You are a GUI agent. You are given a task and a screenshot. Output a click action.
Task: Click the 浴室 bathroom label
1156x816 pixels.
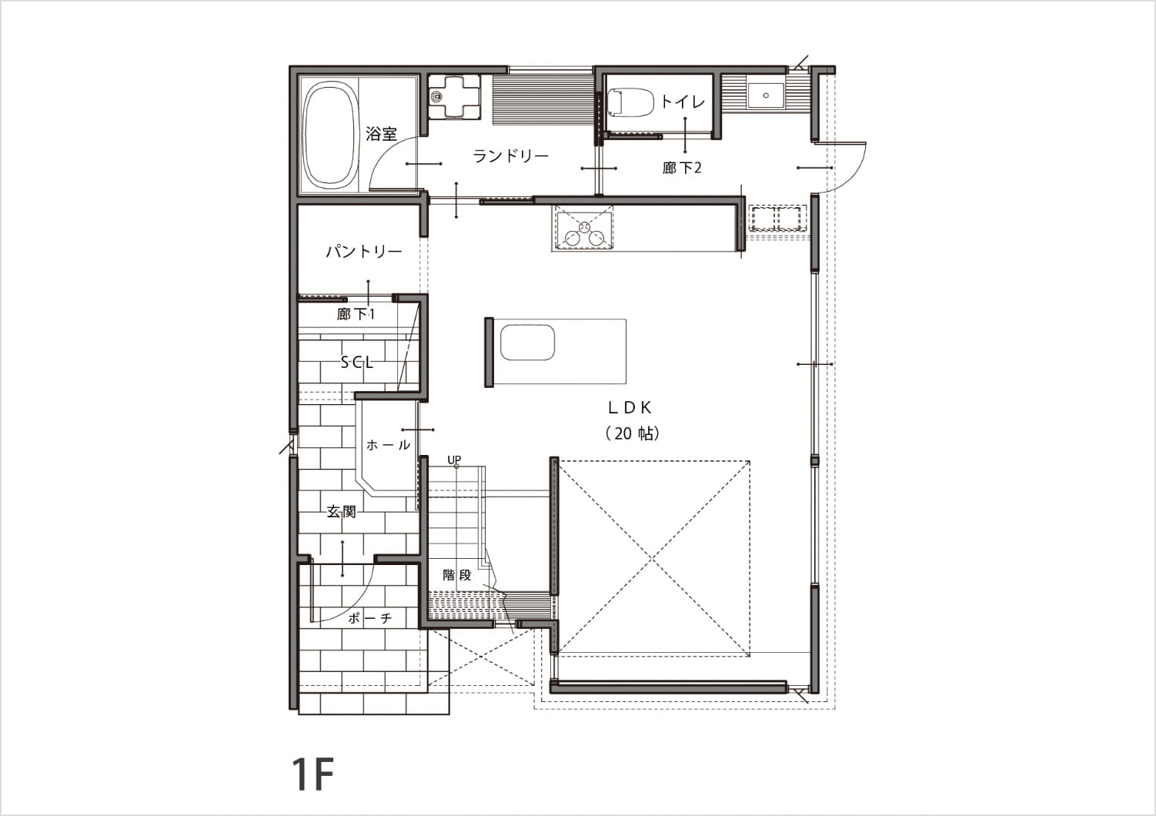coord(382,134)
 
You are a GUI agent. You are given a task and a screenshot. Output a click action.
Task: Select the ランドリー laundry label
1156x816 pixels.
coord(510,156)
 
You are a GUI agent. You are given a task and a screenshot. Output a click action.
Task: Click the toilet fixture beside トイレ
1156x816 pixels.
coord(630,102)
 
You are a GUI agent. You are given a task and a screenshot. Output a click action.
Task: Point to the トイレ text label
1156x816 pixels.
coord(683,102)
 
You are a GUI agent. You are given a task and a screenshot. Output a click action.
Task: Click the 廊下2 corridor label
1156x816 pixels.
coord(682,168)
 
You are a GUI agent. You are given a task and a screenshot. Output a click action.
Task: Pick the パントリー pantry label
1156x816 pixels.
coord(364,252)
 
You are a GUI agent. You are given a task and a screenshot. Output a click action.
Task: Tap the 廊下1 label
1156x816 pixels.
coord(356,314)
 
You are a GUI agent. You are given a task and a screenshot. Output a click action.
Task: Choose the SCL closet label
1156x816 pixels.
coord(356,363)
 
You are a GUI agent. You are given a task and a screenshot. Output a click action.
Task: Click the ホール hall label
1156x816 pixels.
coord(388,445)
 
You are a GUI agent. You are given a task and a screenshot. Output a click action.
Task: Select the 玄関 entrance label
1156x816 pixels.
coord(341,511)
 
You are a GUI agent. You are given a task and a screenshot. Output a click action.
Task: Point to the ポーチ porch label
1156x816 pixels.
coord(370,618)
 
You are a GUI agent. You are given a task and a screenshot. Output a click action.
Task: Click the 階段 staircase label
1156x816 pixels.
coord(457,575)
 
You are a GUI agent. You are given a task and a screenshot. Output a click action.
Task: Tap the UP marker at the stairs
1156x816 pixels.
coord(454,460)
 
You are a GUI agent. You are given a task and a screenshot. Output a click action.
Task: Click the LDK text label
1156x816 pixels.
coord(630,408)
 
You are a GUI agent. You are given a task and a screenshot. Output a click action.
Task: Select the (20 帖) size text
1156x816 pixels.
coord(633,433)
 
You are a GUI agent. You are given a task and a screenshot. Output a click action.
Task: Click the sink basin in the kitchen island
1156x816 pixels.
coord(527,343)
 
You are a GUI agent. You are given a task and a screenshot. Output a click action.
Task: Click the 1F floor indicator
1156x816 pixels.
coord(312,774)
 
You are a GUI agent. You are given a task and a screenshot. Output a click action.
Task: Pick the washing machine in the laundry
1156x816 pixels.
coord(455,96)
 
